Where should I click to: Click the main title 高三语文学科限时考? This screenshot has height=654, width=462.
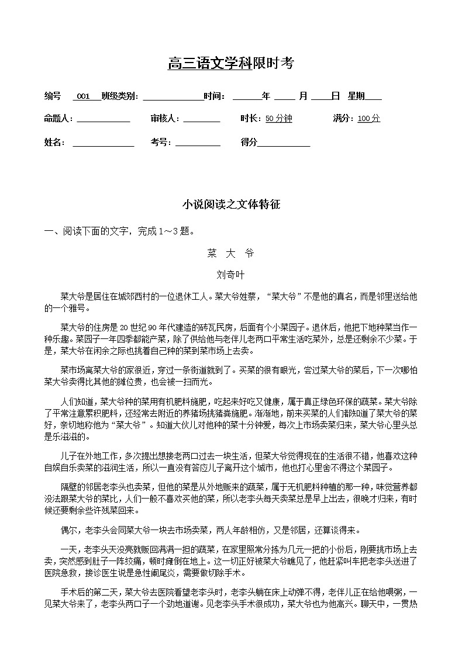[230, 64]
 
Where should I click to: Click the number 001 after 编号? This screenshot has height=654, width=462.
[83, 96]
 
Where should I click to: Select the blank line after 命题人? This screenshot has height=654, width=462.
[104, 119]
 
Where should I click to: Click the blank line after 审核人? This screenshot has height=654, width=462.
[202, 119]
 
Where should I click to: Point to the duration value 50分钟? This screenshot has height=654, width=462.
[278, 119]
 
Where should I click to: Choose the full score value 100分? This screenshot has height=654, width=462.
[368, 119]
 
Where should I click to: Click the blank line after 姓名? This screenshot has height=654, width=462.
[102, 143]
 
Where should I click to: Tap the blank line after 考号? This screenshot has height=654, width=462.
[198, 143]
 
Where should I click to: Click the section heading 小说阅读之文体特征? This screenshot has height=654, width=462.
[231, 205]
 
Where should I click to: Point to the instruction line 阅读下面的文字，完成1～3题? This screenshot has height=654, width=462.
[122, 231]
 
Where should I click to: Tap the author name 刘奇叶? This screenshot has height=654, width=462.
[230, 274]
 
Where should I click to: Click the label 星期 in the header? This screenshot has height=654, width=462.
[356, 96]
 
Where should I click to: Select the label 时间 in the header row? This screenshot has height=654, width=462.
[213, 96]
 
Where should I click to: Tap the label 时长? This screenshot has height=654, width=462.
[250, 119]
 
